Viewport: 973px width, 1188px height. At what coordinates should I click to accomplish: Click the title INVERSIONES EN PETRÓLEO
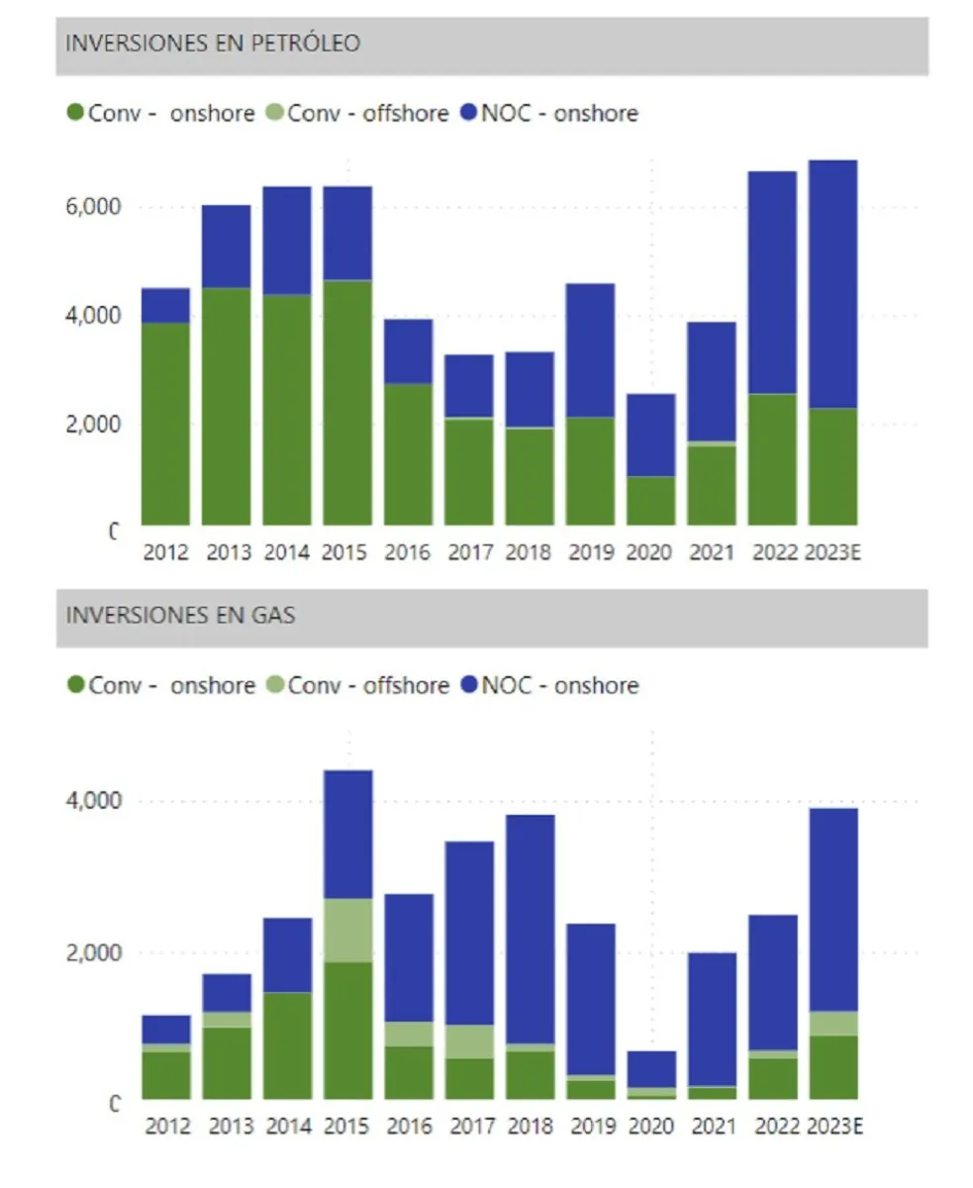[213, 44]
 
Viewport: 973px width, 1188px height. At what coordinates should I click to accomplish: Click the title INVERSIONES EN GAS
[180, 615]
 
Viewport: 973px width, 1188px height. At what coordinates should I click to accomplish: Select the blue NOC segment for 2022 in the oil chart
[772, 282]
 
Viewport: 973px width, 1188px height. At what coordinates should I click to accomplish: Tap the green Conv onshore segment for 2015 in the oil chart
[347, 402]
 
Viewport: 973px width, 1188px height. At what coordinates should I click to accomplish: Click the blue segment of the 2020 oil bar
[651, 436]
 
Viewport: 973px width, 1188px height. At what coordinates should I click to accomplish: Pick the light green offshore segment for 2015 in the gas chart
[347, 930]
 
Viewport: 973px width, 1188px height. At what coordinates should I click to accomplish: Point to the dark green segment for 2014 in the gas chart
[287, 1044]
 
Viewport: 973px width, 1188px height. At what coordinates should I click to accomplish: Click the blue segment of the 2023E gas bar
[833, 909]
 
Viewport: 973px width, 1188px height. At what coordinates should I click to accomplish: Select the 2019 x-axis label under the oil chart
[591, 551]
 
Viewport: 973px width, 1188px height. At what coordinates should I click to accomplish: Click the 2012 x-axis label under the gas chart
[166, 1126]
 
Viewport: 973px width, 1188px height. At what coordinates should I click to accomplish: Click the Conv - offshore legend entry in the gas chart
[368, 685]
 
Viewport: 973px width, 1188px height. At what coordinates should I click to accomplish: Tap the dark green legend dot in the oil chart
[75, 113]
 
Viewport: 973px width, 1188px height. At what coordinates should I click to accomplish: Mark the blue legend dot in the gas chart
[469, 685]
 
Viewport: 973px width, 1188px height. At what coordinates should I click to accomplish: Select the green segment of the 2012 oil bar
[166, 424]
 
